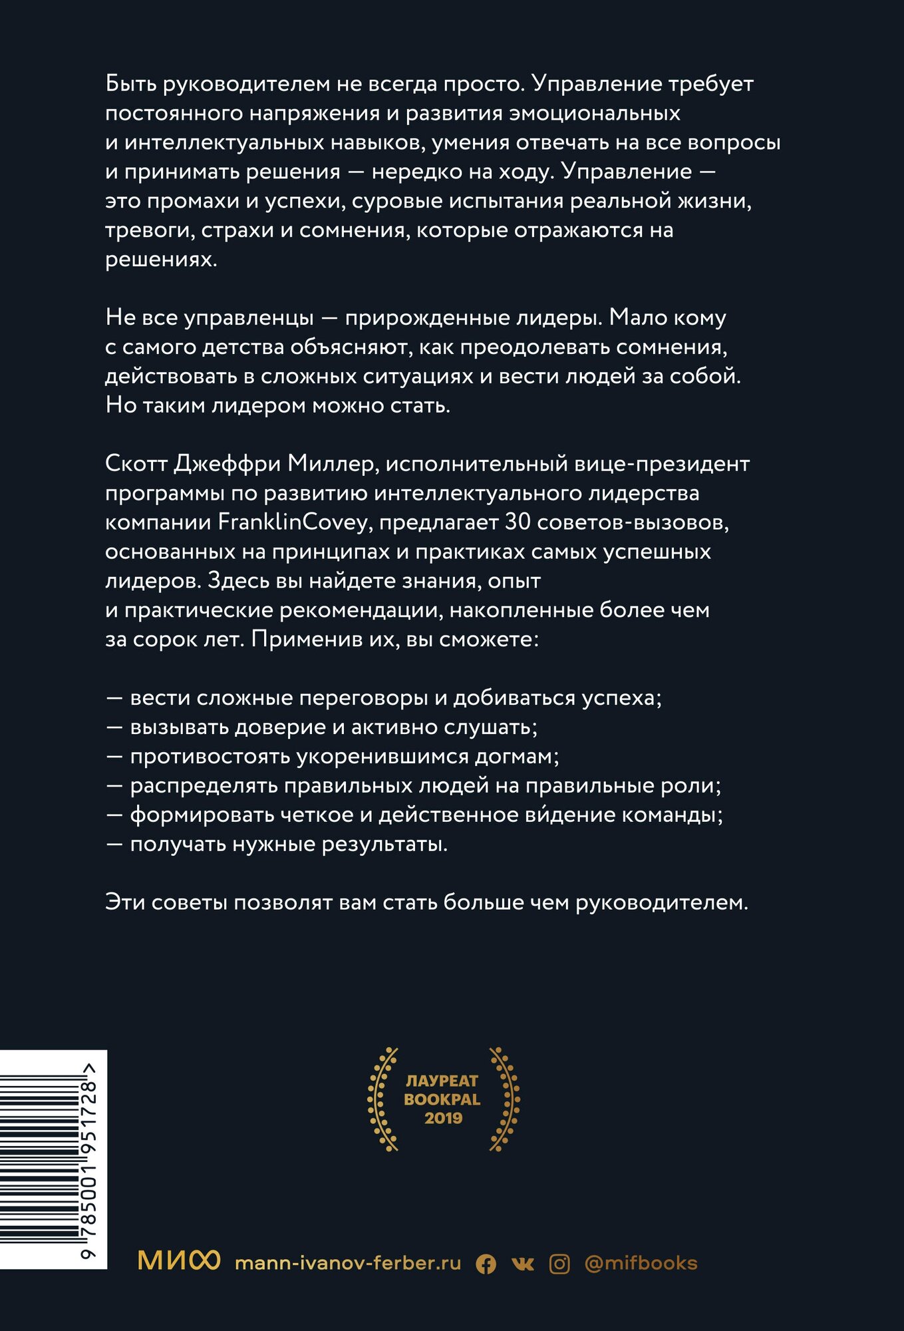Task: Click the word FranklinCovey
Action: point(293,522)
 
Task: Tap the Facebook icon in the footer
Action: point(486,1264)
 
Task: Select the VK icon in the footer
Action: point(523,1264)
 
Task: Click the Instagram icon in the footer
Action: point(559,1264)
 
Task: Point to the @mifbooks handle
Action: point(641,1263)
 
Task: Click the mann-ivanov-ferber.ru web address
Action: point(348,1263)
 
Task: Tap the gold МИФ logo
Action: point(178,1260)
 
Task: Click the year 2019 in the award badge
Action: point(443,1118)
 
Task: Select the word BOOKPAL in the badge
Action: point(442,1099)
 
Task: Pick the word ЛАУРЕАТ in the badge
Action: point(442,1081)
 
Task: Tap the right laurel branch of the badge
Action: point(504,1099)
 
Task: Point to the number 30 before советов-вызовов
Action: point(518,522)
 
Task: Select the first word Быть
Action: point(131,84)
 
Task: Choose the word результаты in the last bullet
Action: point(396,845)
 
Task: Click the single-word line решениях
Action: point(161,260)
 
